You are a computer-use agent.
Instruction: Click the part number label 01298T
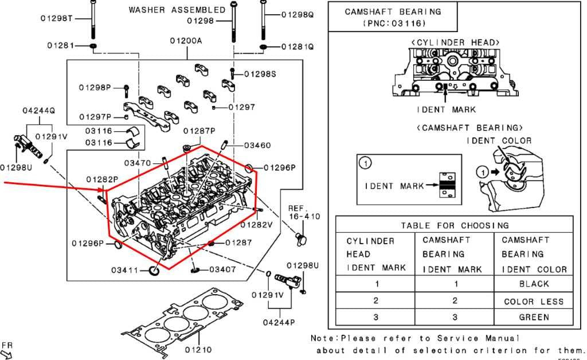coord(57,18)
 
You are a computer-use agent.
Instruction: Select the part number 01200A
coord(186,41)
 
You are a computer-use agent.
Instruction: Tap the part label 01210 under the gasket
coord(198,350)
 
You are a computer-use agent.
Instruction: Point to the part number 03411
coord(124,270)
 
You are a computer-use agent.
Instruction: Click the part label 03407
coord(222,269)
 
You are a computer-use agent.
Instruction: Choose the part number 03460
coord(257,145)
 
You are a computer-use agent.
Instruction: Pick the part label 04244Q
coord(38,111)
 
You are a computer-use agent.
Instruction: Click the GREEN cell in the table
coord(534,318)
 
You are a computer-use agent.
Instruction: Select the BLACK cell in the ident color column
coord(534,284)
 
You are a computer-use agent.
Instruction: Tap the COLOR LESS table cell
coord(534,302)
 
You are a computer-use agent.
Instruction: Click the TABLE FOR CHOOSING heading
coord(455,225)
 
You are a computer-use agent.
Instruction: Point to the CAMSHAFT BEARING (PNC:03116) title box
coord(393,17)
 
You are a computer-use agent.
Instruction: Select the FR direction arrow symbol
coord(6,354)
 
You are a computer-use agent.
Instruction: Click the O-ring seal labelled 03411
coord(154,270)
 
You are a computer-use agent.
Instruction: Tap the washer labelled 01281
coord(93,46)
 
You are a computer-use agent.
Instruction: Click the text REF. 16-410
coord(304,212)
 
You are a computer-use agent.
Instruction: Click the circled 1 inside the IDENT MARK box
coord(365,163)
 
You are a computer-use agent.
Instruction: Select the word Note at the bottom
coord(324,338)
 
